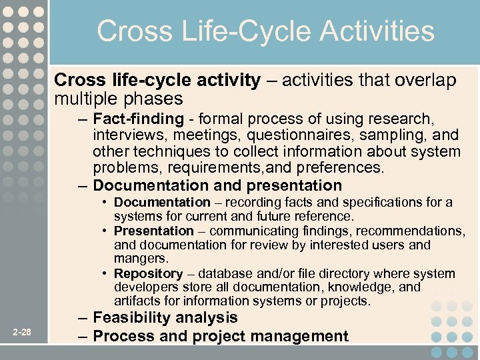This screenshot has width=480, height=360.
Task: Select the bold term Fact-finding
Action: (138, 119)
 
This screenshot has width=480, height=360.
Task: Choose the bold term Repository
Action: (148, 273)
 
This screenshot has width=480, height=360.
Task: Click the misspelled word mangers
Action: (141, 259)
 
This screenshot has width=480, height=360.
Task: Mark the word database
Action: (228, 273)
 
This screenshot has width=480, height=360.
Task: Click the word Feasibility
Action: (136, 318)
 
